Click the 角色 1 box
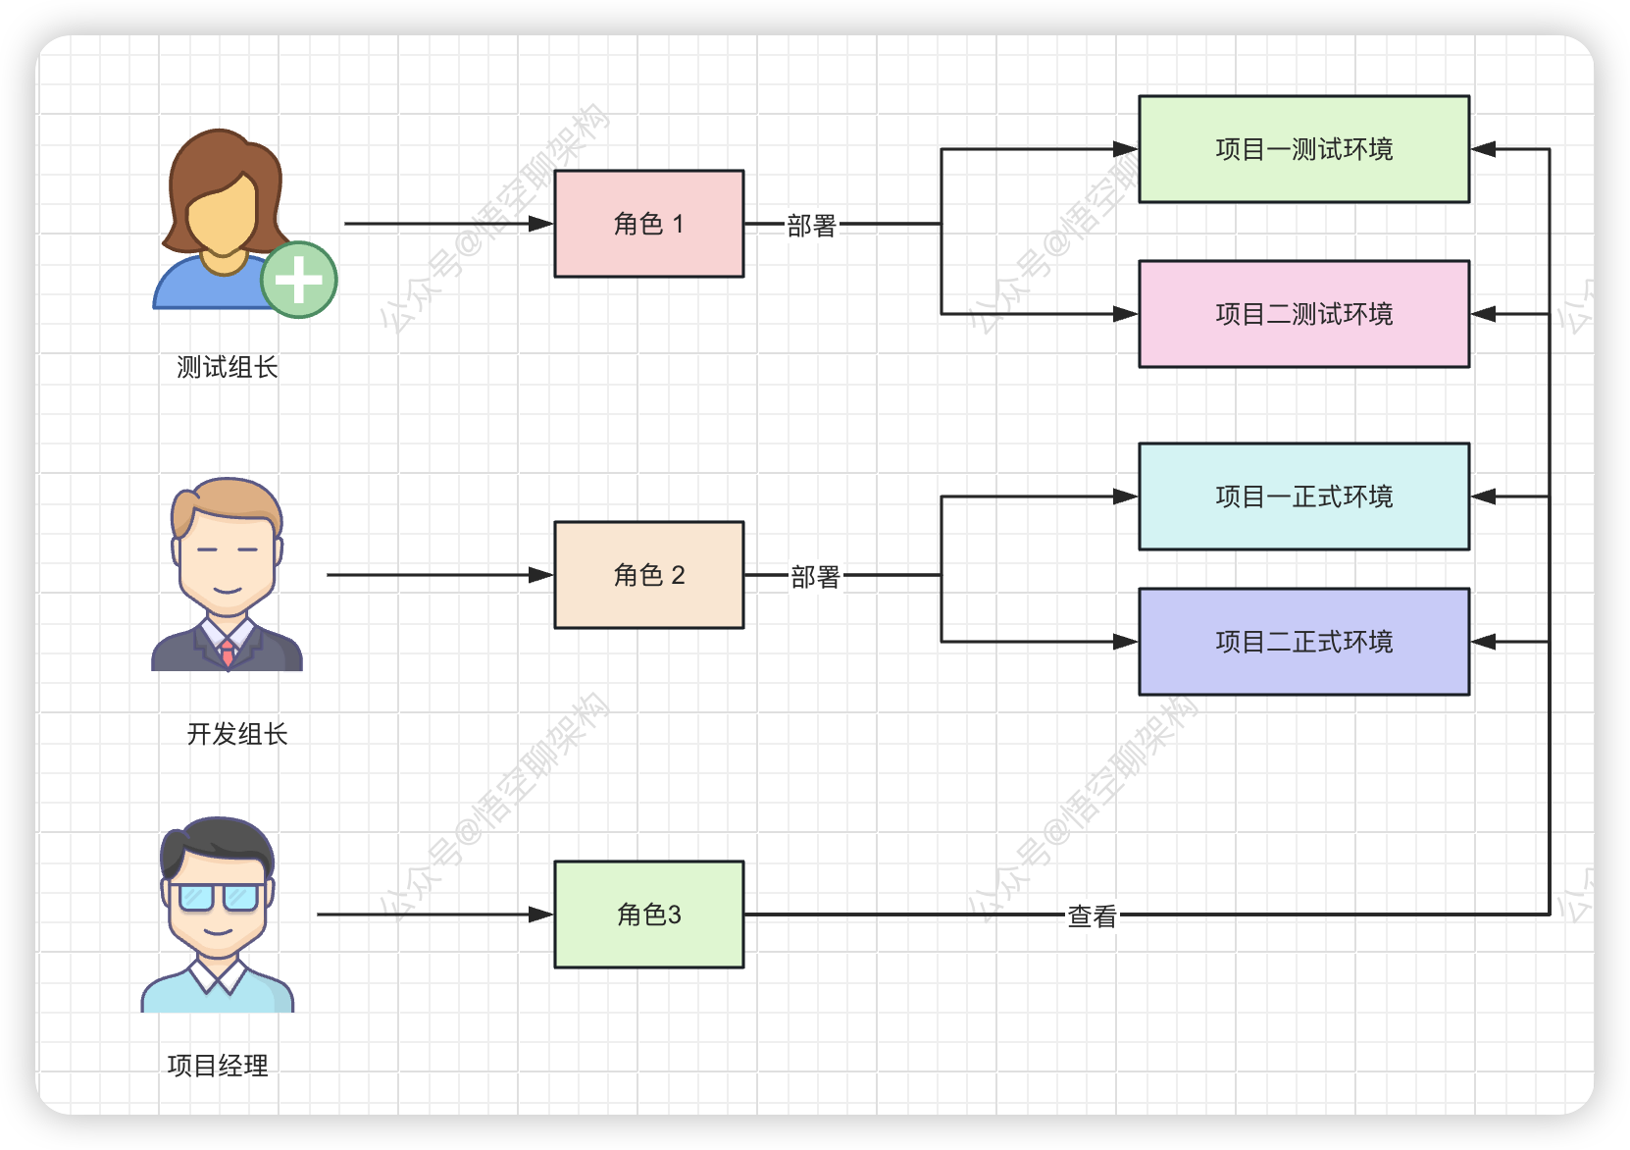click(x=648, y=224)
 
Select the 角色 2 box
click(x=648, y=575)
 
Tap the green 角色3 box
click(x=648, y=915)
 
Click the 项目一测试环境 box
click(x=1303, y=149)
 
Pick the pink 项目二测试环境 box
click(x=1303, y=314)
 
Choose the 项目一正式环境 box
click(x=1303, y=497)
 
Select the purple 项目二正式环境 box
click(x=1303, y=642)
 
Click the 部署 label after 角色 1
click(x=811, y=226)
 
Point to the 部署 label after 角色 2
click(x=815, y=577)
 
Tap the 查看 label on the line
click(x=1092, y=916)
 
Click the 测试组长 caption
click(x=228, y=368)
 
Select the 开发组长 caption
click(x=237, y=734)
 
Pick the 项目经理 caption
click(x=218, y=1066)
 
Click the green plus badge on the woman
click(x=299, y=280)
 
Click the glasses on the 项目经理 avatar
click(x=217, y=897)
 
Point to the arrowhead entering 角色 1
click(x=541, y=224)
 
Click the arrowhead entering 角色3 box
click(x=541, y=915)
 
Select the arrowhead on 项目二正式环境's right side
click(x=1483, y=642)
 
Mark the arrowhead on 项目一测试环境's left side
click(x=1125, y=149)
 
